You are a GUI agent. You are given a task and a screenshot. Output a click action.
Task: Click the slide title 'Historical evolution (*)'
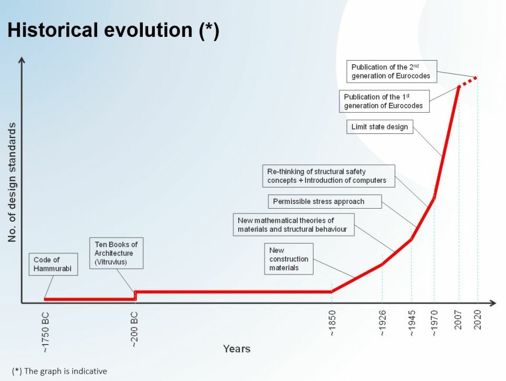[113, 30]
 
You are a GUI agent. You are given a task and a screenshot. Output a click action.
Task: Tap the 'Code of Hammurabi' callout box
[53, 264]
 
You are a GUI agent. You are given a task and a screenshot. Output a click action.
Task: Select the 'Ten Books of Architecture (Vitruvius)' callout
[116, 253]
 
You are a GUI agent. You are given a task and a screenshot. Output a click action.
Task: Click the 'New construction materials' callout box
[289, 259]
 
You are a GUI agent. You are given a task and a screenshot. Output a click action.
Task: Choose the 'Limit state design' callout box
[380, 127]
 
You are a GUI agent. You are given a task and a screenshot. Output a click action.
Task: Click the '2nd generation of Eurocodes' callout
[392, 71]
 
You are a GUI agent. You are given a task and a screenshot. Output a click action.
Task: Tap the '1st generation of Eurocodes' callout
[384, 101]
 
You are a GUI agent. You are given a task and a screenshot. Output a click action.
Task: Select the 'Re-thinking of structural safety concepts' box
[328, 176]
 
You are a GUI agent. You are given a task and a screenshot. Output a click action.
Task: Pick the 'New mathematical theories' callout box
[294, 224]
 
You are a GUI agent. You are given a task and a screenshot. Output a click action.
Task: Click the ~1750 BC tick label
[45, 333]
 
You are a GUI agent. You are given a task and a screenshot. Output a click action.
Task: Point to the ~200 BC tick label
[134, 329]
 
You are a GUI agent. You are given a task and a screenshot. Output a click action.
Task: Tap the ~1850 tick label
[332, 323]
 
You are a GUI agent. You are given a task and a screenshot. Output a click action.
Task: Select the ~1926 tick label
[383, 323]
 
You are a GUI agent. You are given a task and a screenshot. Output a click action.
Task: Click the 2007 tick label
[458, 320]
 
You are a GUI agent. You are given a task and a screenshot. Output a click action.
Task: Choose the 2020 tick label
[478, 320]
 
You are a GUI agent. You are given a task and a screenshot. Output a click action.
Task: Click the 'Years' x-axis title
[237, 349]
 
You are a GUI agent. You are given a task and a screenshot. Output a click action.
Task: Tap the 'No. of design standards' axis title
[12, 182]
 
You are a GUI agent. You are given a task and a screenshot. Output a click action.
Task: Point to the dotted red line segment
[468, 82]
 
